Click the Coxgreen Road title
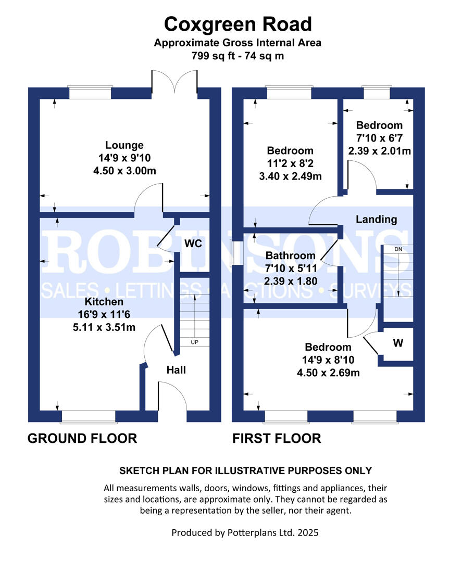(x=238, y=24)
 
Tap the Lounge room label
(x=124, y=145)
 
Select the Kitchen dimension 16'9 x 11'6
(x=104, y=314)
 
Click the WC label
(x=193, y=244)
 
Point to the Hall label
(x=176, y=370)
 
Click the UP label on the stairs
(x=194, y=342)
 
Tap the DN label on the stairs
(x=398, y=249)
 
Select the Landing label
(x=376, y=220)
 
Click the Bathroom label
(x=291, y=256)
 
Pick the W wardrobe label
(x=398, y=343)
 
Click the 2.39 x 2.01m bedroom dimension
(x=380, y=151)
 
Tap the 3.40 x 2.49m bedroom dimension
(x=291, y=176)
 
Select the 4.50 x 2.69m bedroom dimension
(x=328, y=373)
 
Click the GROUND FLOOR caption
(x=82, y=438)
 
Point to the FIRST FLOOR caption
(x=277, y=438)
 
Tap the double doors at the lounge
(x=174, y=82)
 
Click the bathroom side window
(x=236, y=253)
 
